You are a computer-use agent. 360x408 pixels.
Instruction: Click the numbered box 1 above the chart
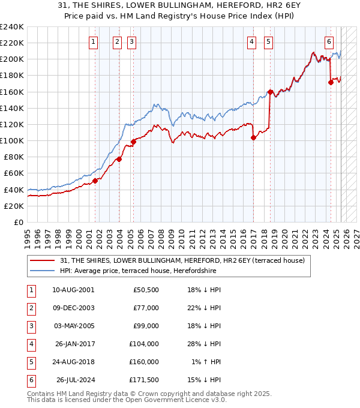pyautogui.click(x=94, y=41)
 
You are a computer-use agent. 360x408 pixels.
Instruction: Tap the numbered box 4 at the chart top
pyautogui.click(x=252, y=41)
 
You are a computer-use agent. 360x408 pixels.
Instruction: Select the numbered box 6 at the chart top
pyautogui.click(x=329, y=41)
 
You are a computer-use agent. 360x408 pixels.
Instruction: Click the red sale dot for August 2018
pyautogui.click(x=270, y=92)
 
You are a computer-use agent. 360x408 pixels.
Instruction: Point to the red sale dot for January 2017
pyautogui.click(x=253, y=137)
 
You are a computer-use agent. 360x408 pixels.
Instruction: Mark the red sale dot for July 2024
pyautogui.click(x=331, y=83)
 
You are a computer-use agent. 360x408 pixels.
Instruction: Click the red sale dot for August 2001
pyautogui.click(x=95, y=181)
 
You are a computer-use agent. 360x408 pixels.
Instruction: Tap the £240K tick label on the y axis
pyautogui.click(x=12, y=26)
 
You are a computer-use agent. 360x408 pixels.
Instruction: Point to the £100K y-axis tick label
pyautogui.click(x=12, y=140)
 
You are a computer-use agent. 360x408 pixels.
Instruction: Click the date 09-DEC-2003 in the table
pyautogui.click(x=73, y=308)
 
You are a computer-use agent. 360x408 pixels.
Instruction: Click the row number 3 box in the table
pyautogui.click(x=29, y=326)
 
